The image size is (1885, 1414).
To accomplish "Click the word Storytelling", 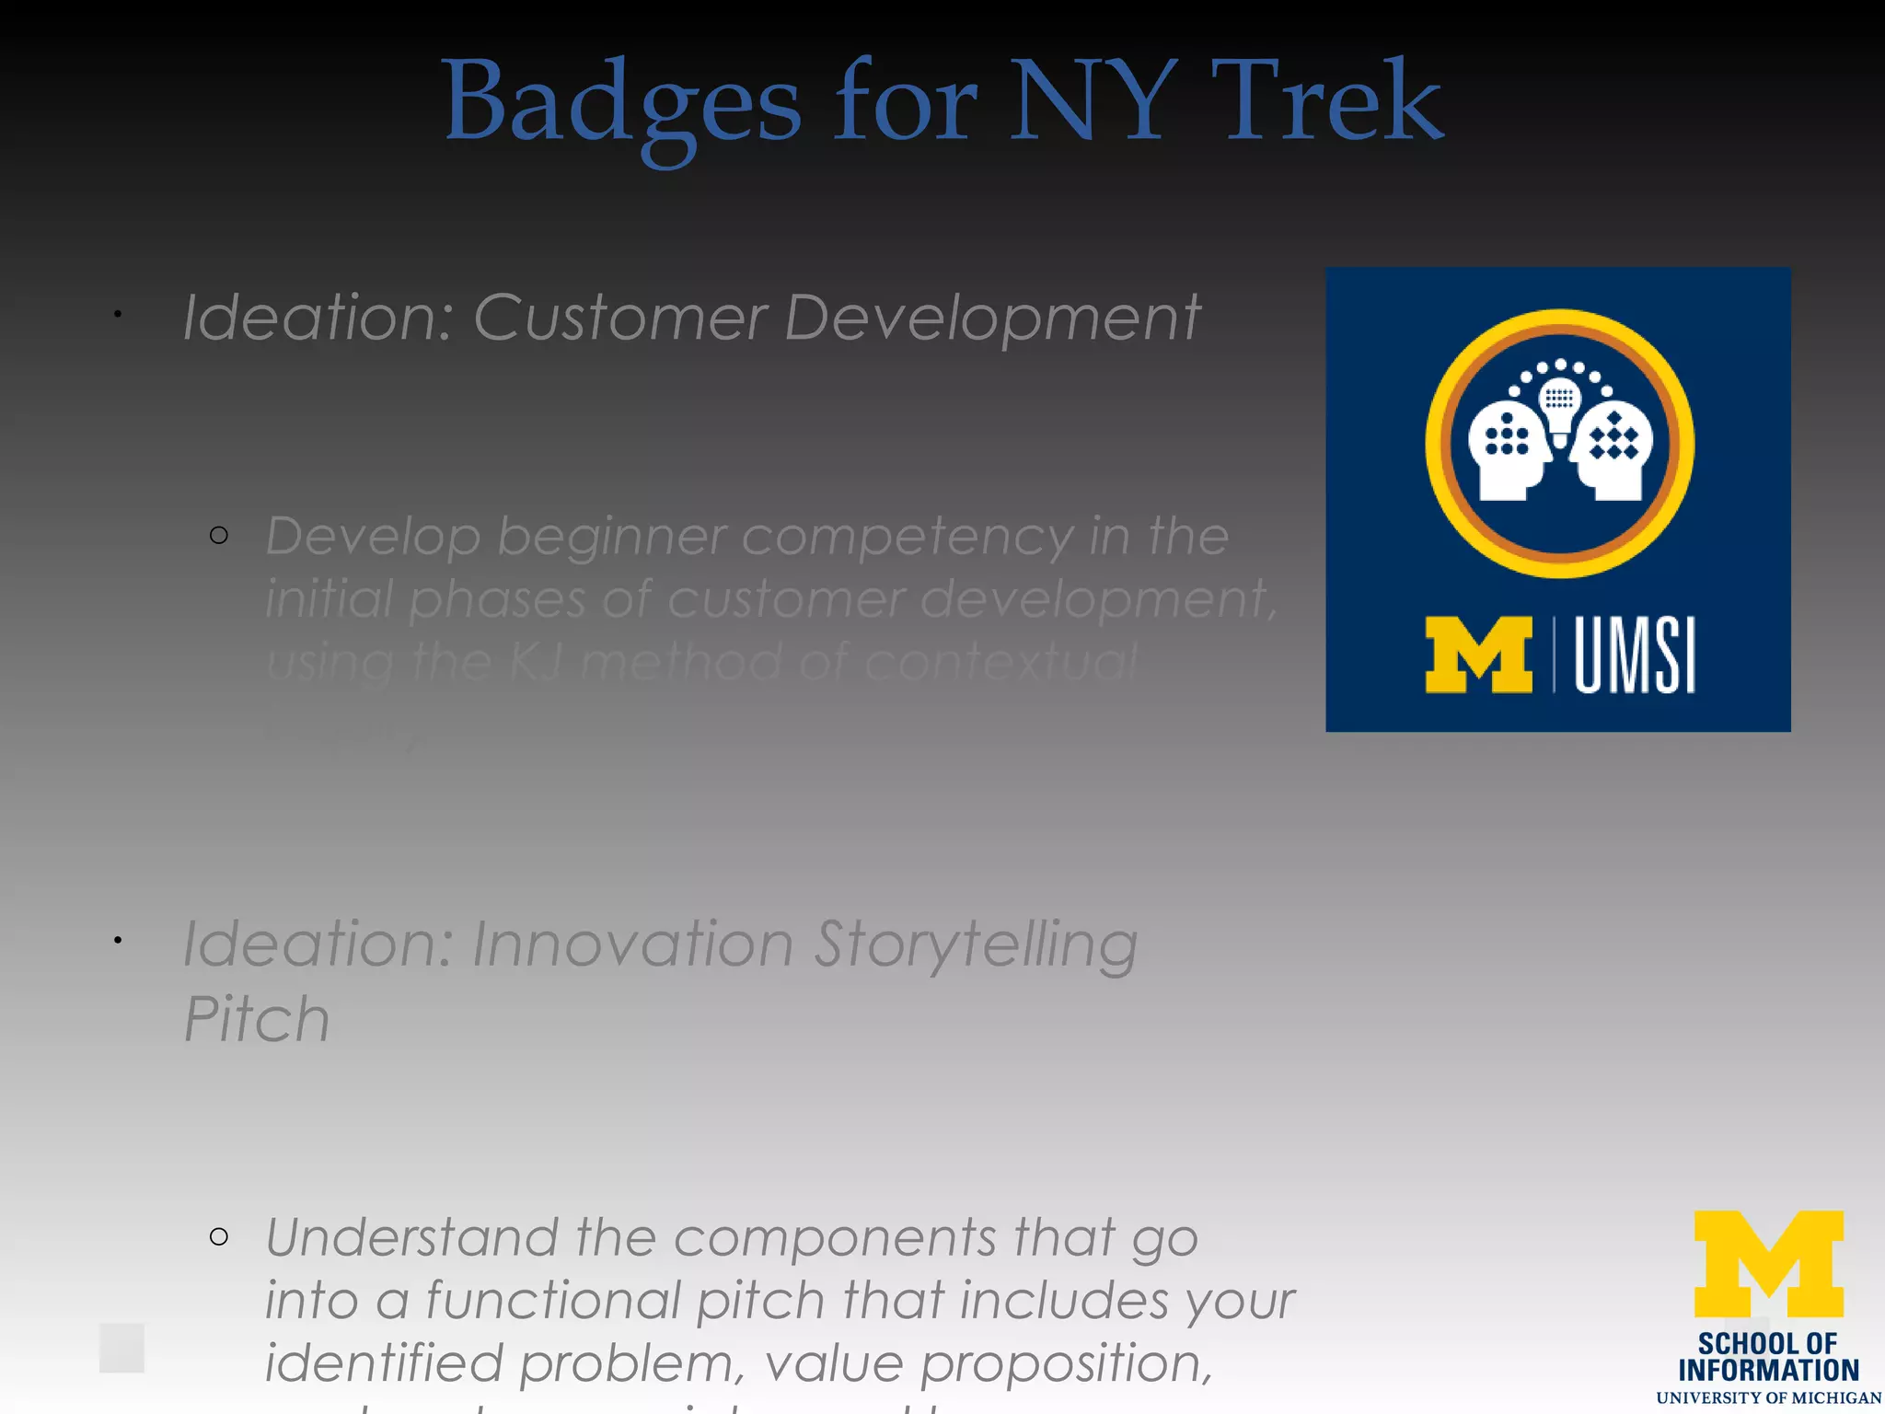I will click(x=976, y=945).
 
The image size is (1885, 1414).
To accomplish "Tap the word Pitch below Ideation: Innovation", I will click(x=257, y=1019).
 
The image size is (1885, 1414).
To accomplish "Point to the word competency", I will click(x=907, y=537).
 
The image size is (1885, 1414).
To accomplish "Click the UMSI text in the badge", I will click(x=1634, y=655).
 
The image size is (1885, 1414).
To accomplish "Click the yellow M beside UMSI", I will click(x=1478, y=655).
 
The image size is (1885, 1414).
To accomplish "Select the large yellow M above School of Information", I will click(x=1768, y=1264).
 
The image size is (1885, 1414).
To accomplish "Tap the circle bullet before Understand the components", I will click(x=219, y=1236).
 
